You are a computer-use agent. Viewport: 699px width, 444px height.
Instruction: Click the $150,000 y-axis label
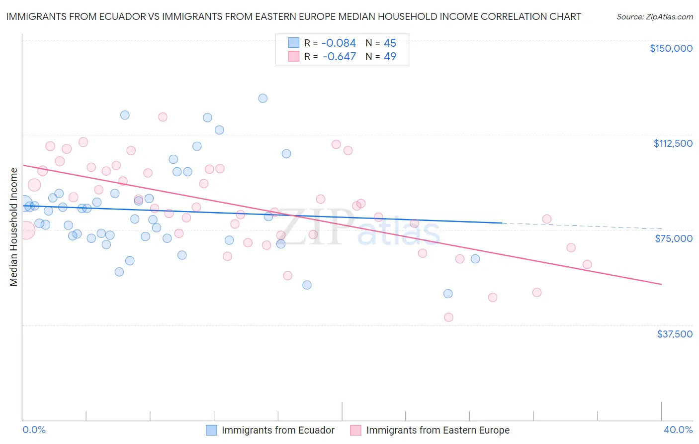(671, 48)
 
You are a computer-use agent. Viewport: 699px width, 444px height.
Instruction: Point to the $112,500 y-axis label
(673, 143)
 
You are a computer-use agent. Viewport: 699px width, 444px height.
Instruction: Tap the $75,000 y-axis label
(674, 238)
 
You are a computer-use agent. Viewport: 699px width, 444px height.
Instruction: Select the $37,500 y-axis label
(675, 334)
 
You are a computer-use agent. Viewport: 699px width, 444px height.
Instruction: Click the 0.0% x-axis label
(34, 430)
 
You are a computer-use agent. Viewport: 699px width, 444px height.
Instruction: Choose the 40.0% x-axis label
(678, 430)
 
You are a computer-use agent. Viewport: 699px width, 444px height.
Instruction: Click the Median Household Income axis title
(13, 227)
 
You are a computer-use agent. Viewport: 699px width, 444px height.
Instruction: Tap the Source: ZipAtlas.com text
(655, 17)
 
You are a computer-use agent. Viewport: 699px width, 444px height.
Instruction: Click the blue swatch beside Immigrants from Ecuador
(211, 430)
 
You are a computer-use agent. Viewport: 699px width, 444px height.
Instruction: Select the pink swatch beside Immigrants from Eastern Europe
(355, 430)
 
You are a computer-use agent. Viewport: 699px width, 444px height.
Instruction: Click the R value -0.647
(339, 57)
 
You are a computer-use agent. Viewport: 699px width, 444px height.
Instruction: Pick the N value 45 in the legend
(390, 43)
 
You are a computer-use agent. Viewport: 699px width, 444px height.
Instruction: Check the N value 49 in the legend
(390, 57)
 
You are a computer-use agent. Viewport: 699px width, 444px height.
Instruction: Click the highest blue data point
(263, 98)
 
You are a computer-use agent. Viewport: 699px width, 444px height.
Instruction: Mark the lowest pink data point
(448, 317)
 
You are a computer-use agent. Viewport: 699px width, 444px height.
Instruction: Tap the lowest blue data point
(448, 294)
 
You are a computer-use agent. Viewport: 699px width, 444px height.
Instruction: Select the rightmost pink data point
(587, 264)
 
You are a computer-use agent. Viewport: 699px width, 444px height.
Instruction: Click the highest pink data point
(163, 117)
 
